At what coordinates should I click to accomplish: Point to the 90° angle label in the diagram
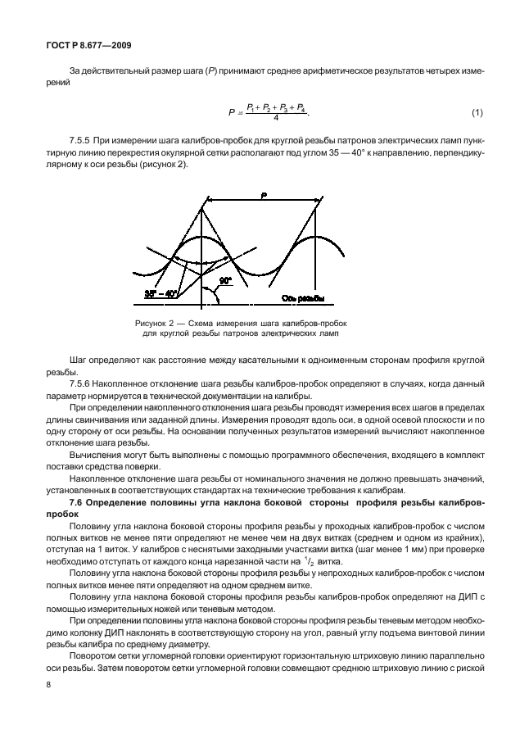pyautogui.click(x=225, y=280)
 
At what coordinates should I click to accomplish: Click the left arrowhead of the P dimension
pyautogui.click(x=206, y=199)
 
